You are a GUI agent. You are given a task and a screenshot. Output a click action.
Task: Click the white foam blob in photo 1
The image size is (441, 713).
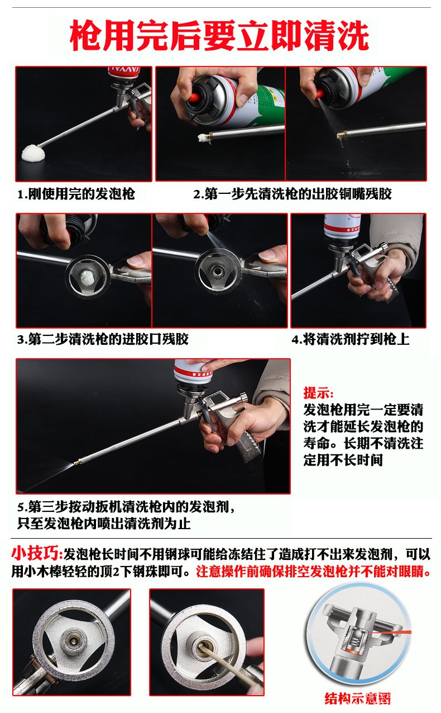pyautogui.click(x=33, y=154)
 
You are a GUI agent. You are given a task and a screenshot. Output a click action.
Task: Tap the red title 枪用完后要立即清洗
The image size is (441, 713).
pyautogui.click(x=219, y=35)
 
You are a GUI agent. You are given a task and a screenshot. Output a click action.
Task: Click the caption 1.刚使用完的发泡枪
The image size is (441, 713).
pyautogui.click(x=76, y=194)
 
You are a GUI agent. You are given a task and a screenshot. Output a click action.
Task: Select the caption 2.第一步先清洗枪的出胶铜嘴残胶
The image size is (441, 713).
pyautogui.click(x=292, y=194)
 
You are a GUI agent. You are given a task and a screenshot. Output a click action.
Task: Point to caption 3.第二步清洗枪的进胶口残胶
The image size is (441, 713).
pyautogui.click(x=103, y=339)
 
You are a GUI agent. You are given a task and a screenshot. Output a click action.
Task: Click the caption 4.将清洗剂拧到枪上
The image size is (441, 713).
pyautogui.click(x=351, y=339)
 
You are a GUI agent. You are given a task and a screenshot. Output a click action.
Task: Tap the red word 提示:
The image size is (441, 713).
pyautogui.click(x=318, y=393)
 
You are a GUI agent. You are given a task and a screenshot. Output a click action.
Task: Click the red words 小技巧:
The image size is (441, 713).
pyautogui.click(x=37, y=554)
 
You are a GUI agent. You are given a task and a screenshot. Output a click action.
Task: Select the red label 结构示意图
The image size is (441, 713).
pyautogui.click(x=358, y=698)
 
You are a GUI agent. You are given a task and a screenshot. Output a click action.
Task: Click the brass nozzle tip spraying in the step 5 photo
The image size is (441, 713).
pyautogui.click(x=76, y=462)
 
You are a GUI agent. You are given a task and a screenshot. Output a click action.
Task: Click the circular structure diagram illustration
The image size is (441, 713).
pyautogui.click(x=358, y=636)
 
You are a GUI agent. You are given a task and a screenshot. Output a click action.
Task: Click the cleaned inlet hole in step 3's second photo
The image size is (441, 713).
pyautogui.click(x=218, y=272)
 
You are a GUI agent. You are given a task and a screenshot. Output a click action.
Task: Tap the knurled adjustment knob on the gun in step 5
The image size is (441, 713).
pyautogui.click(x=244, y=397)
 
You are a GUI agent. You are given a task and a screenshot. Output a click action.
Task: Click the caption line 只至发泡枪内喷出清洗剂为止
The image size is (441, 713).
pyautogui.click(x=104, y=524)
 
